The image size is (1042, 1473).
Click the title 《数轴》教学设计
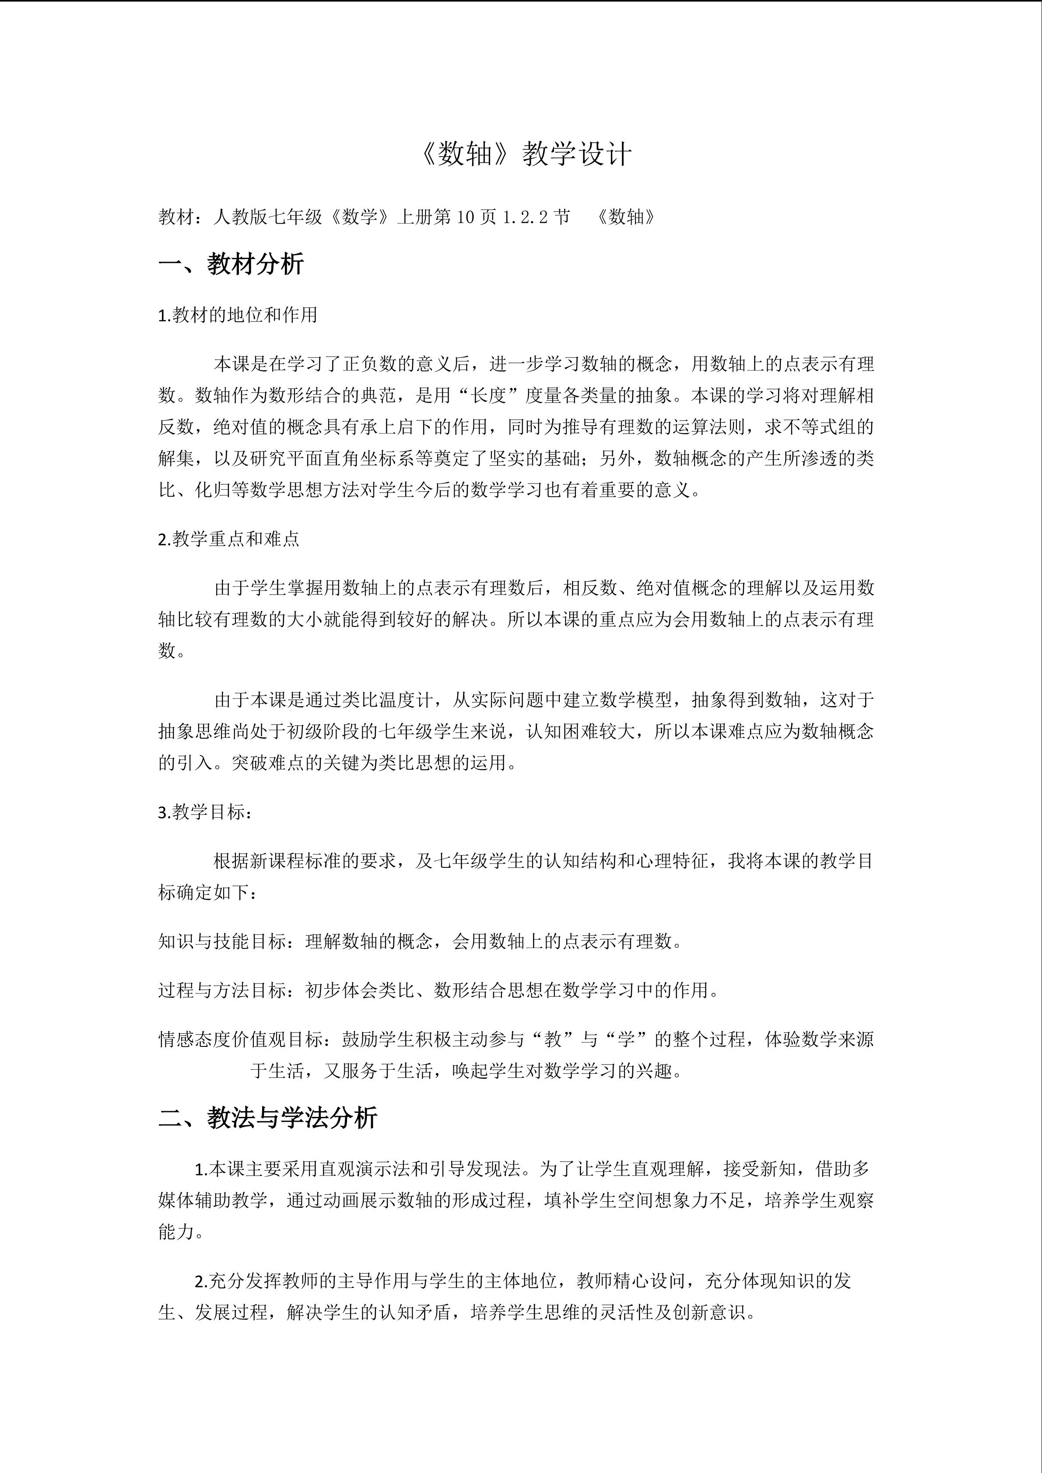pos(523,154)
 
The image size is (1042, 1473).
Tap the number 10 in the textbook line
pos(465,217)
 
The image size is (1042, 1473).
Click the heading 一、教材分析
pos(231,264)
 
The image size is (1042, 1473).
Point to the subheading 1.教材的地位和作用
pos(237,315)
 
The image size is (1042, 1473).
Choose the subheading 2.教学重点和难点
pos(228,539)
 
